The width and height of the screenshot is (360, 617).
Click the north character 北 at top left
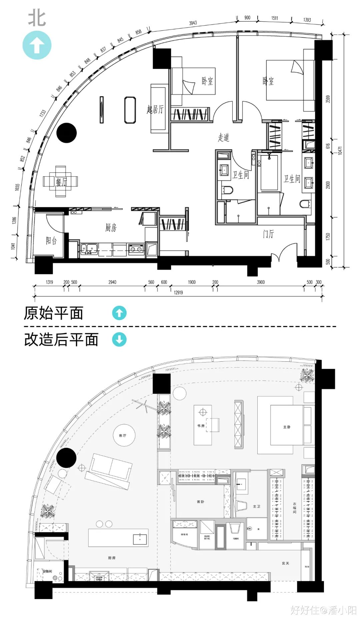(x=37, y=18)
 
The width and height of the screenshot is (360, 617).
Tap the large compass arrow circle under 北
(x=37, y=45)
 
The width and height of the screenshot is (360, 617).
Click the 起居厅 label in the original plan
(x=155, y=109)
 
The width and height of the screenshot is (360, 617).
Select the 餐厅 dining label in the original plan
(x=61, y=182)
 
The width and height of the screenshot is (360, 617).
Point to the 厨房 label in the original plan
(x=111, y=228)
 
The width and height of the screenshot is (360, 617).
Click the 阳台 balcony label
(x=51, y=241)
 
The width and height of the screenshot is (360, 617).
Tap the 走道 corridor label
(x=224, y=137)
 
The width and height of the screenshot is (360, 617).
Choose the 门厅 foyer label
(x=268, y=234)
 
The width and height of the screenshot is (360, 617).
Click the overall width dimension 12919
(x=178, y=292)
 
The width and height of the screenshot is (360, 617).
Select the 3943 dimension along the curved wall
(x=193, y=23)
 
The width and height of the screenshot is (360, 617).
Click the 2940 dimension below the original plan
(x=112, y=282)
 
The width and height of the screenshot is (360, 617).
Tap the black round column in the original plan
(x=67, y=133)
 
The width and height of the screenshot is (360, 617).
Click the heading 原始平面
(x=53, y=313)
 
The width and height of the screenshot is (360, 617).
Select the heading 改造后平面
(x=61, y=340)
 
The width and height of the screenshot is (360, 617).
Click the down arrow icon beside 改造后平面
(x=119, y=340)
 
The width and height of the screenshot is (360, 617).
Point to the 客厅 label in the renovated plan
(x=123, y=435)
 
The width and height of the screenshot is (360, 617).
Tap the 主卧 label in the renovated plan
(x=287, y=427)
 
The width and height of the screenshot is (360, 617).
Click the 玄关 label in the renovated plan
(x=285, y=563)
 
